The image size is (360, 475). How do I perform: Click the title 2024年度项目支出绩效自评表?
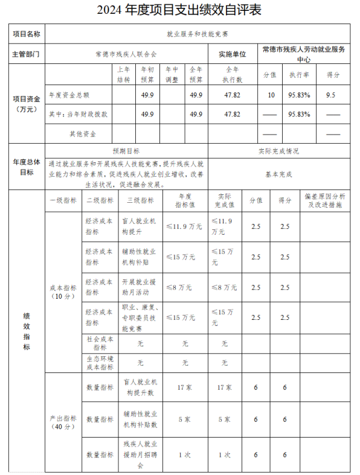tap(179, 10)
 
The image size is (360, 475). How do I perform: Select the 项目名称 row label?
tap(27, 34)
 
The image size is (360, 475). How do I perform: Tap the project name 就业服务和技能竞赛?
tap(198, 34)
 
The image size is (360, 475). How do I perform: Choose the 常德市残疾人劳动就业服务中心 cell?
tap(304, 54)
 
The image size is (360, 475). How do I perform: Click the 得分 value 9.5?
tap(330, 95)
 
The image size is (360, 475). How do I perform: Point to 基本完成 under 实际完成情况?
tap(278, 174)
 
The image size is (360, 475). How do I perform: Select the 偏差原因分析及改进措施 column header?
tap(325, 200)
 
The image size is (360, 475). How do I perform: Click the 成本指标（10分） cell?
tap(63, 292)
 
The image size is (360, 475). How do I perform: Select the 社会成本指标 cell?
tap(100, 343)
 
